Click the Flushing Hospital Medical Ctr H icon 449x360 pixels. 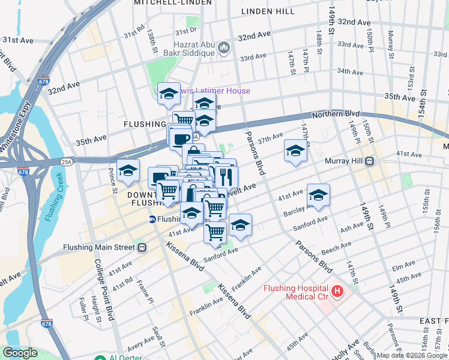tap(337, 292)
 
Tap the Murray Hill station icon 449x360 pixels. tap(370, 161)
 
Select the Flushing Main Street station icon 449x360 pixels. tap(142, 247)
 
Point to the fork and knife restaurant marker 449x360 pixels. tap(226, 176)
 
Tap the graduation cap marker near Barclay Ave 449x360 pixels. tap(318, 195)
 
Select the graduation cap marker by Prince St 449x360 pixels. tap(128, 171)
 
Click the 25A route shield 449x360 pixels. tap(67, 161)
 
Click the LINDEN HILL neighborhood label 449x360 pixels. tap(268, 11)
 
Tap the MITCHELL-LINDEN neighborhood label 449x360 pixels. tap(173, 3)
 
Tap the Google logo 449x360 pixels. tap(20, 353)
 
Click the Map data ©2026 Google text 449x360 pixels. tap(412, 355)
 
